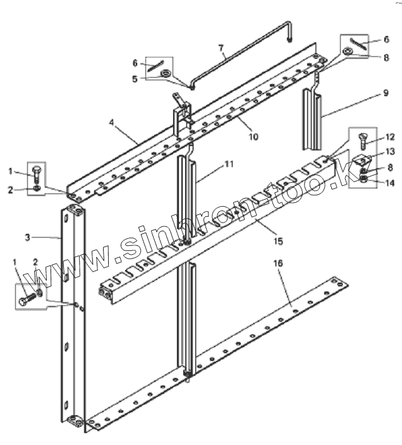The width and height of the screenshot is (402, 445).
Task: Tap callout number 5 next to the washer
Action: [x=135, y=78]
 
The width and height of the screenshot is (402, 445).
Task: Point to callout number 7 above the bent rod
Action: [x=221, y=47]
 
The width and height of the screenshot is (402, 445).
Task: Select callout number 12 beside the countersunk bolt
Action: [x=390, y=137]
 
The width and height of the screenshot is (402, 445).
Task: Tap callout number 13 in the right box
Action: [x=390, y=152]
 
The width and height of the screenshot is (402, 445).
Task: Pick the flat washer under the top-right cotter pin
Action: [x=348, y=51]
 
